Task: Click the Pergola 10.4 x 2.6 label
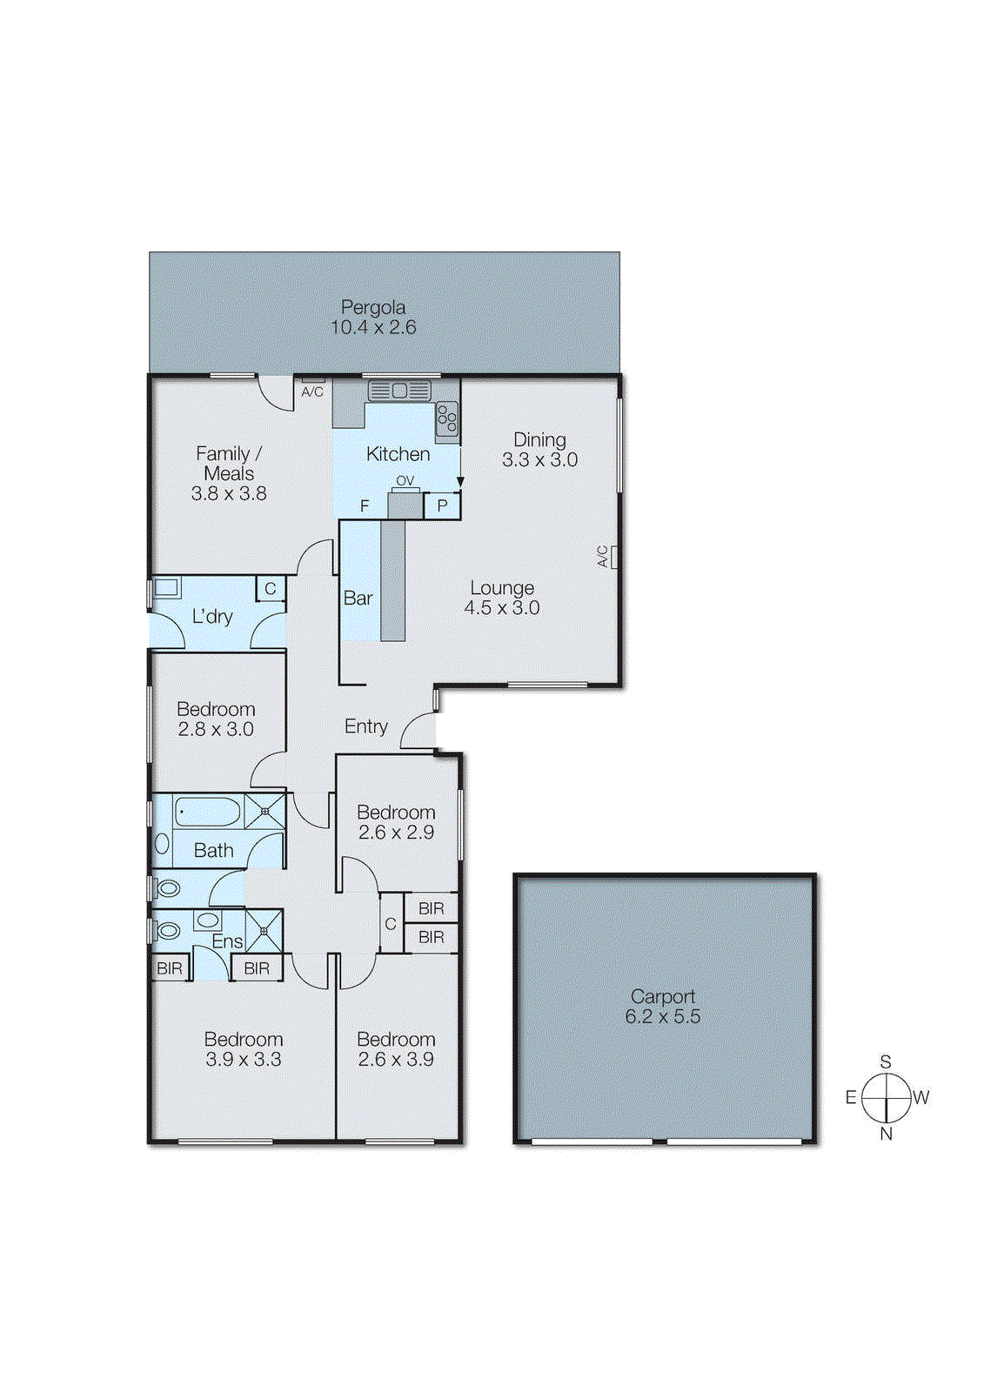click(372, 318)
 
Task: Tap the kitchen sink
click(399, 391)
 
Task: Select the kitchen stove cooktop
click(447, 418)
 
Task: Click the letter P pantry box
click(442, 505)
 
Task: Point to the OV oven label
click(405, 480)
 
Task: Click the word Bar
click(358, 599)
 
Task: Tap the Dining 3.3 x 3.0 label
click(539, 450)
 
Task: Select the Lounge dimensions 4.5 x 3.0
click(501, 608)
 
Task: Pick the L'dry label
click(211, 617)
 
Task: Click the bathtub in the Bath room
click(207, 813)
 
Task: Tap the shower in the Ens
click(264, 930)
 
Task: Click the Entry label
click(365, 726)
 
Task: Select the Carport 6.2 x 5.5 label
click(662, 1007)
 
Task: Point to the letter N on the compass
click(886, 1134)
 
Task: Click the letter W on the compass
click(921, 1098)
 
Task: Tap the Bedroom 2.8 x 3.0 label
click(216, 719)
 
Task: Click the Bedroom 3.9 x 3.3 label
click(244, 1049)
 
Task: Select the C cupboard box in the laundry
click(271, 589)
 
